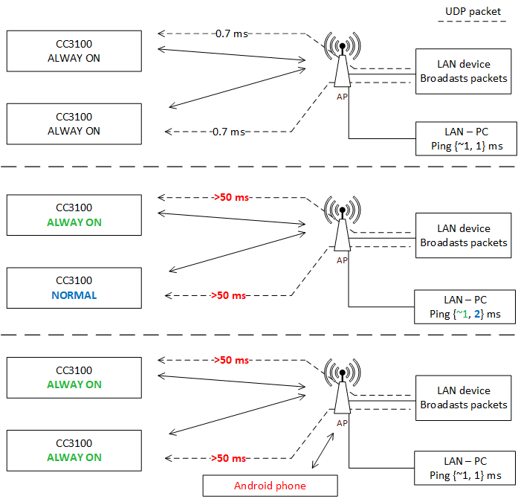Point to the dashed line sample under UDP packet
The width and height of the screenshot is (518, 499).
pyautogui.click(x=472, y=25)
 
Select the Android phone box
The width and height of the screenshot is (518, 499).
pyautogui.click(x=270, y=486)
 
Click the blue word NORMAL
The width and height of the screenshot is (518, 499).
pyautogui.click(x=74, y=295)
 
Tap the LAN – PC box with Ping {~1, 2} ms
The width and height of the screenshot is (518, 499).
pyautogui.click(x=464, y=306)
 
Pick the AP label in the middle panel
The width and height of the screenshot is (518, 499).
pyautogui.click(x=342, y=260)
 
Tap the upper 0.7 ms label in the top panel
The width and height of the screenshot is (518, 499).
pyautogui.click(x=230, y=33)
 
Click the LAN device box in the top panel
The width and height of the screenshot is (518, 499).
pyautogui.click(x=463, y=71)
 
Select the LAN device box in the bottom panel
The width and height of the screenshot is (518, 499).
pyautogui.click(x=463, y=397)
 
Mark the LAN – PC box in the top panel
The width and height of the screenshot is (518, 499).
pyautogui.click(x=465, y=138)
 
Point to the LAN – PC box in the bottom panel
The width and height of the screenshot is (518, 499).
pyautogui.click(x=465, y=469)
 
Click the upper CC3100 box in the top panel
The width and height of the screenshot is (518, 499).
pyautogui.click(x=74, y=51)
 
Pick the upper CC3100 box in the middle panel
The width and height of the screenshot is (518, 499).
pyautogui.click(x=74, y=215)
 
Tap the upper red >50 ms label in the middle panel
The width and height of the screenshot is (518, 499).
pyautogui.click(x=230, y=198)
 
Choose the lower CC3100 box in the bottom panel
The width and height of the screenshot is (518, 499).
pyautogui.click(x=74, y=451)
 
